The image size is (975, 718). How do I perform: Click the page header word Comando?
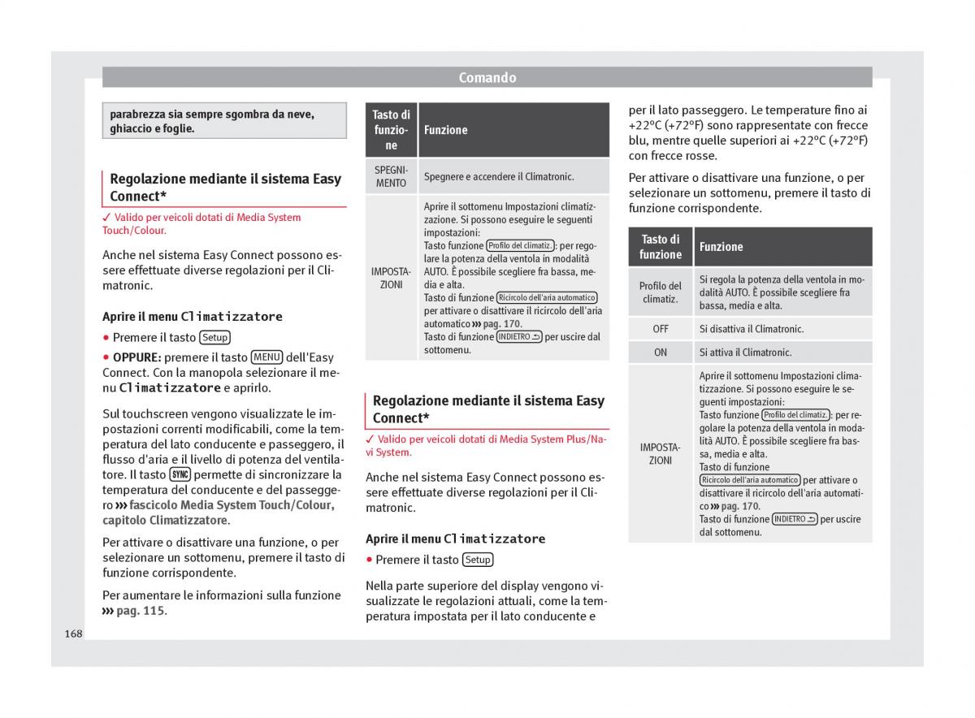[x=487, y=78]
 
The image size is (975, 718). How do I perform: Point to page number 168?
[x=74, y=634]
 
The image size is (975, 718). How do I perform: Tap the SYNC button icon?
[x=180, y=475]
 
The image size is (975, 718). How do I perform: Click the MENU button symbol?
[x=266, y=357]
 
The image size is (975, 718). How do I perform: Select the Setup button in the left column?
[x=215, y=338]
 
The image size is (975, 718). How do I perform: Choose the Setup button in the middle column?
[x=478, y=560]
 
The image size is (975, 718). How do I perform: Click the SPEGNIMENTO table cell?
[x=391, y=176]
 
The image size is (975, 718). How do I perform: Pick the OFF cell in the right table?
[x=660, y=329]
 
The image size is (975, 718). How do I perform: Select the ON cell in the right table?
[x=660, y=353]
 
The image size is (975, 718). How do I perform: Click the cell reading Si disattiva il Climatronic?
[x=751, y=329]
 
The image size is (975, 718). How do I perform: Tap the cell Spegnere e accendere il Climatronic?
[x=499, y=176]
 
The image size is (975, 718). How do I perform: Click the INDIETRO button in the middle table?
[x=518, y=337]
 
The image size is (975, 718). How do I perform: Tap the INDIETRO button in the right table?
[x=795, y=519]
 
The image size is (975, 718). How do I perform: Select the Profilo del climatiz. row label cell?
[x=660, y=292]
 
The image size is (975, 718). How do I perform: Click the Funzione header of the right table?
[x=721, y=247]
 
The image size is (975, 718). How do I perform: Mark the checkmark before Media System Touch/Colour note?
[x=106, y=218]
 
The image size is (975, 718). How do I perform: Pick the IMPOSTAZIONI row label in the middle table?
[x=391, y=278]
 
